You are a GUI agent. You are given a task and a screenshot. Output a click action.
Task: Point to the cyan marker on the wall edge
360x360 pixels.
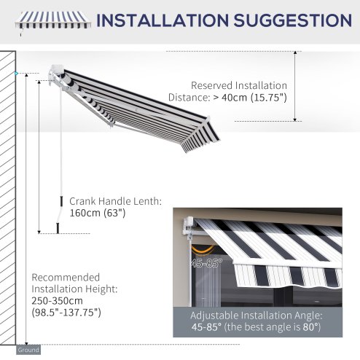(16, 74)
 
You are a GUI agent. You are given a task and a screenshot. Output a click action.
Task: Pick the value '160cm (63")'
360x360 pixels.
(98, 214)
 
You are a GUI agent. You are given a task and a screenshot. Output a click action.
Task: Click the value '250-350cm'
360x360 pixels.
(55, 300)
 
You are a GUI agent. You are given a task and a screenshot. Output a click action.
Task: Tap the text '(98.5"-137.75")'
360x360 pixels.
(66, 313)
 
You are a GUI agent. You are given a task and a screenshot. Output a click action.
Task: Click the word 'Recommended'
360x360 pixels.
(66, 277)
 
